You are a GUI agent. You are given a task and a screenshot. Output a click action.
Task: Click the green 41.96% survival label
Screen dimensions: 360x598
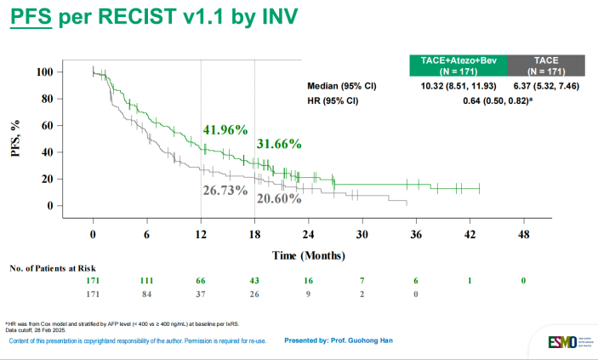click(225, 130)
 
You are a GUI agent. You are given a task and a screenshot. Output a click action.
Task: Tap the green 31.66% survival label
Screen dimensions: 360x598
click(278, 144)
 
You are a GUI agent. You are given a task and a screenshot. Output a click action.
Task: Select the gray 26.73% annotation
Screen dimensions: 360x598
click(225, 189)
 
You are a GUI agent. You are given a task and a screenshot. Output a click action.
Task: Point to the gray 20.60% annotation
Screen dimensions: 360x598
click(278, 198)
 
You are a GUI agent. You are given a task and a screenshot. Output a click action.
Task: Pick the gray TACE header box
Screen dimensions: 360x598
click(545, 65)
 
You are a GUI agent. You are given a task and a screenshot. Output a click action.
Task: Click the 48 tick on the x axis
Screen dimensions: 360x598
click(522, 234)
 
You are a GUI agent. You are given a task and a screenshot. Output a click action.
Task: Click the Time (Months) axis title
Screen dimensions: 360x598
click(308, 254)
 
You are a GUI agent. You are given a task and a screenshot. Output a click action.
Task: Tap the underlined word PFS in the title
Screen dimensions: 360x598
click(31, 18)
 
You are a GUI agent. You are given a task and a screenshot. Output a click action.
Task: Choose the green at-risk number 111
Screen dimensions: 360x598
click(147, 281)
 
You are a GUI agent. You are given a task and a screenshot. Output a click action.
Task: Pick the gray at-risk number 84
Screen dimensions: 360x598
click(147, 294)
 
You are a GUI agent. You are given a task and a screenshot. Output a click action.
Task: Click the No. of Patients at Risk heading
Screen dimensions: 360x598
click(51, 269)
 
